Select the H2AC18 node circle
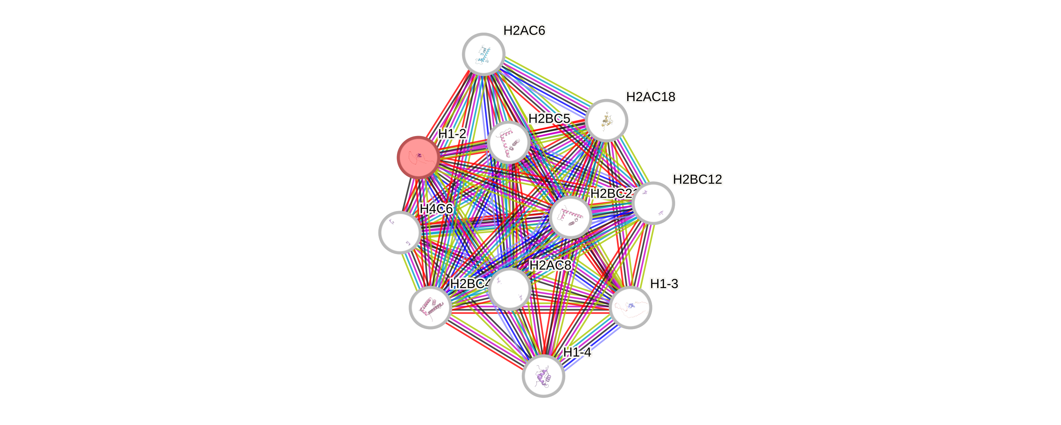click(x=606, y=121)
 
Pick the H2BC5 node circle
click(x=508, y=143)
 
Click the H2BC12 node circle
click(x=653, y=203)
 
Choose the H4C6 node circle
click(x=400, y=232)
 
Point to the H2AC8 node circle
click(x=509, y=289)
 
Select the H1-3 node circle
click(x=630, y=308)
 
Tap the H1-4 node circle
click(x=543, y=376)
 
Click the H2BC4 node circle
click(x=430, y=308)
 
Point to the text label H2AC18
click(x=650, y=97)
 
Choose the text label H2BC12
click(x=697, y=179)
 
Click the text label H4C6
click(x=436, y=209)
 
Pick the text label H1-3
click(x=664, y=284)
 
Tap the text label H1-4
click(x=577, y=353)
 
